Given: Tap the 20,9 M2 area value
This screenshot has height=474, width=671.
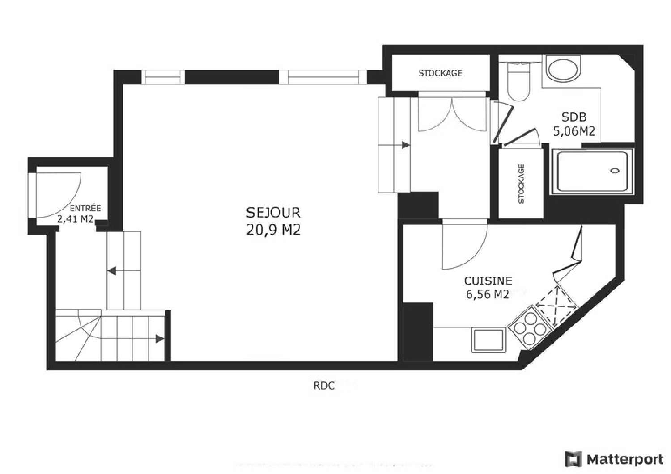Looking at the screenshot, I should click(x=273, y=230).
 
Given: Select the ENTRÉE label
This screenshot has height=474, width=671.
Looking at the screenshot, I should click(x=85, y=208).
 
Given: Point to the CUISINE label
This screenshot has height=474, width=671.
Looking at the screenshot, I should click(x=488, y=281).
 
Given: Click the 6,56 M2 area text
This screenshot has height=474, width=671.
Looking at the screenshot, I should click(x=488, y=294).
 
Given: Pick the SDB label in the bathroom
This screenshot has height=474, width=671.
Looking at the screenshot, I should click(x=574, y=117).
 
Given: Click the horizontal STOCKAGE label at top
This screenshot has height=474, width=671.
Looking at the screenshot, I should click(x=440, y=73).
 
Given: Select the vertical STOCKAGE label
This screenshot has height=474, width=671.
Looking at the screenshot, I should click(x=521, y=184).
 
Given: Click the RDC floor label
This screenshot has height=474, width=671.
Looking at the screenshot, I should click(x=324, y=386).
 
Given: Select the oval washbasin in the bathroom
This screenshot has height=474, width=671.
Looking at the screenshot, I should click(x=564, y=69).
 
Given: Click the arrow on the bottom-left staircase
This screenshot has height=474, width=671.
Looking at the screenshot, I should click(x=159, y=339).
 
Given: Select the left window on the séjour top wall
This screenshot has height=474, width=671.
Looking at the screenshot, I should click(x=163, y=77).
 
